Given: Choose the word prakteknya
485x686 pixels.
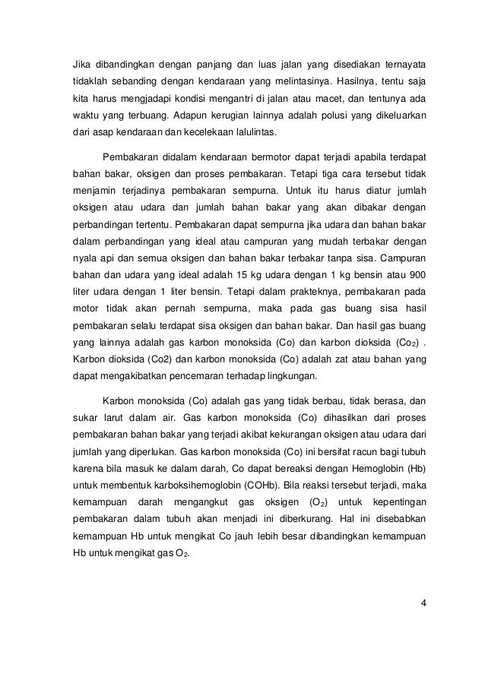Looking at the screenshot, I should point(264,289).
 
